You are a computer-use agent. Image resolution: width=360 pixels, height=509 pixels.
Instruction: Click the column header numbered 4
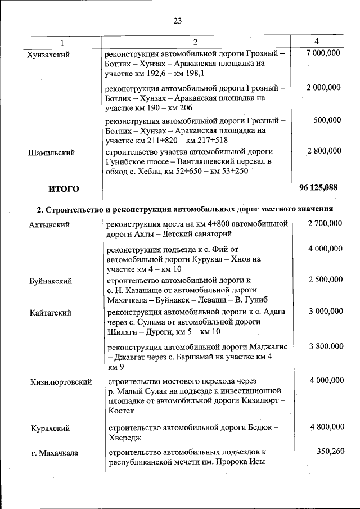coord(317,42)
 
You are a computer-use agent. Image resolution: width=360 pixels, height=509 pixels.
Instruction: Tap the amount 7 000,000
coord(323,53)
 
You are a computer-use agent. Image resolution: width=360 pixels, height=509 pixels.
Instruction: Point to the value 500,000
coord(327,120)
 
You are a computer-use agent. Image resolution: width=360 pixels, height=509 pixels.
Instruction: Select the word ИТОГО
coord(64,188)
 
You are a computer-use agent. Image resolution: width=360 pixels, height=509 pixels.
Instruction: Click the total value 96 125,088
coord(319,188)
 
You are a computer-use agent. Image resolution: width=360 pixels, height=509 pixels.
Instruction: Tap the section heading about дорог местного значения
coord(184,209)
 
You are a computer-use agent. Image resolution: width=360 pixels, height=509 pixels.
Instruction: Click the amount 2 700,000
coord(325,224)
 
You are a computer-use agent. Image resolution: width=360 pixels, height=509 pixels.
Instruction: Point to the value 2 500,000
coord(325,280)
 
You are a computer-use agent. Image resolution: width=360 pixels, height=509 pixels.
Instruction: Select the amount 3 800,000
coord(325,347)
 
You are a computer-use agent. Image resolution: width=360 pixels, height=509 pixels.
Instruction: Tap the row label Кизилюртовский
coord(61,382)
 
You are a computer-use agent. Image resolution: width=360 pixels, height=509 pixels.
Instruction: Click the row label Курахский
coord(50,428)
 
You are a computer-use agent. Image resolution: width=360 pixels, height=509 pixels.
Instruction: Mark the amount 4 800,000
coord(326,427)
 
